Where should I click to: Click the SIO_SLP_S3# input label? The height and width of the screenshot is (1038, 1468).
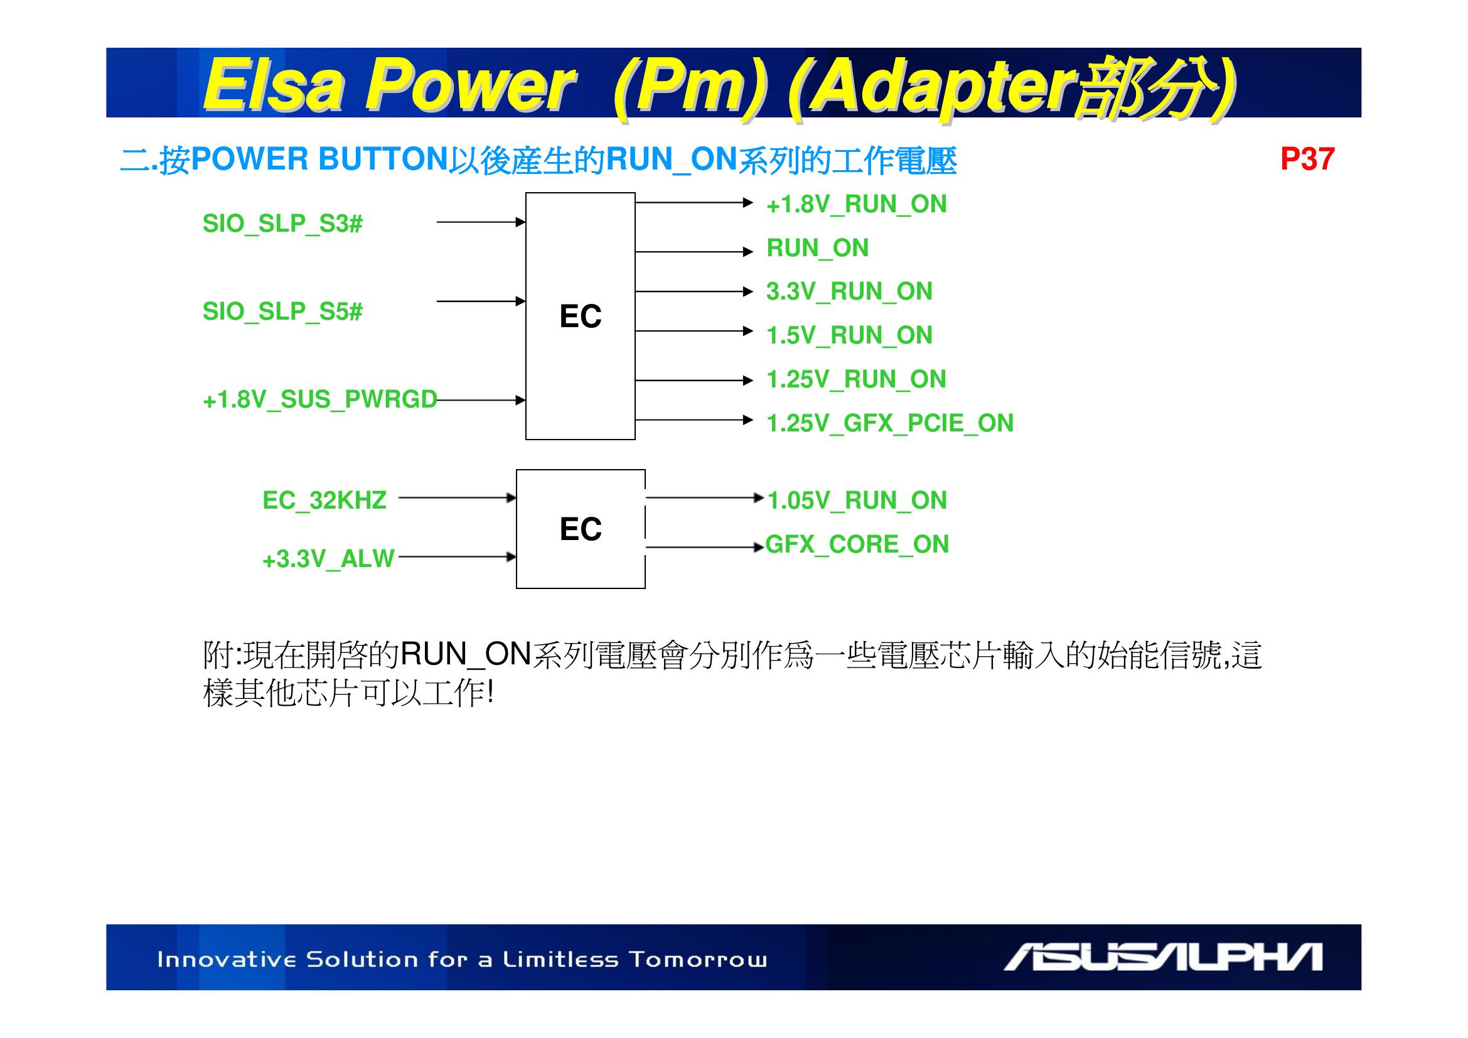coord(282,224)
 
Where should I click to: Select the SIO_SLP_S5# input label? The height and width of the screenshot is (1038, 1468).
coord(282,311)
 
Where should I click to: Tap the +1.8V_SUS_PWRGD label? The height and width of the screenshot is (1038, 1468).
coord(319,400)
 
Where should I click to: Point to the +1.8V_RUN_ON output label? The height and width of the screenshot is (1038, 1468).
coord(857,205)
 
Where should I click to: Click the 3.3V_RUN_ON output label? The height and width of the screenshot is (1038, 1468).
coord(850,291)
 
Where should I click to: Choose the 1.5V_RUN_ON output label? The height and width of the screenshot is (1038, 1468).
coord(850,335)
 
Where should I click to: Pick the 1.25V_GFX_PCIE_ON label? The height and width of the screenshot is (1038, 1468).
coord(890,423)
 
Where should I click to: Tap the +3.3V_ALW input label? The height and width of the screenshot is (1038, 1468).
coord(329,559)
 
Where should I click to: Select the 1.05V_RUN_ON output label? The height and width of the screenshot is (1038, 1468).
coord(857,500)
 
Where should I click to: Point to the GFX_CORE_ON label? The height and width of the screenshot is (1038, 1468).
coord(857,544)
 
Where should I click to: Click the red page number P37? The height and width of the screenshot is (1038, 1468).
coord(1307,159)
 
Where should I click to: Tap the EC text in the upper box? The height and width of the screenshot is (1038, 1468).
coord(581,316)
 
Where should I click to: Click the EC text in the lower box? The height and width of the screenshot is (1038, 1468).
coord(581,529)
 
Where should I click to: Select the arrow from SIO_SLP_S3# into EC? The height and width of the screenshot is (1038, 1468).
coord(481,222)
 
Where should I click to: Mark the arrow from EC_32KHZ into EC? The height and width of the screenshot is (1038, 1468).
coord(457,497)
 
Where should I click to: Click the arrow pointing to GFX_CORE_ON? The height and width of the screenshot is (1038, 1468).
coord(705,548)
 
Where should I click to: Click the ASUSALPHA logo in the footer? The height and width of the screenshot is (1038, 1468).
coord(1162,957)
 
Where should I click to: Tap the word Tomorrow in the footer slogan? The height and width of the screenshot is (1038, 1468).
coord(697,960)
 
